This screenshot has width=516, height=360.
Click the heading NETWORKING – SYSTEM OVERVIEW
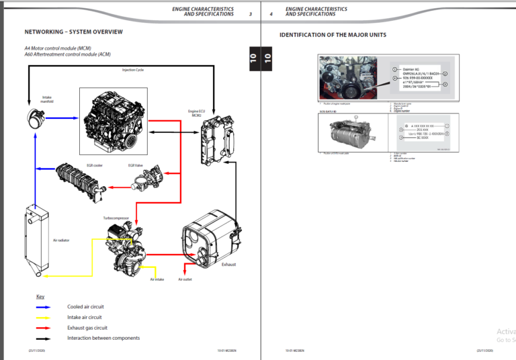(x=73, y=32)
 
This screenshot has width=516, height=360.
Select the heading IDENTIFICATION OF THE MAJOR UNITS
(x=333, y=35)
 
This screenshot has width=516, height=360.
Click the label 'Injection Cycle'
(x=132, y=70)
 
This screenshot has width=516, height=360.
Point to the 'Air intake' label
(x=157, y=279)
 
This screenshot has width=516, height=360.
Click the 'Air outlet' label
(x=185, y=279)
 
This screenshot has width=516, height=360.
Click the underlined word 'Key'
(x=40, y=296)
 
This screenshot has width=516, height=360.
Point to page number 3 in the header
(x=250, y=14)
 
